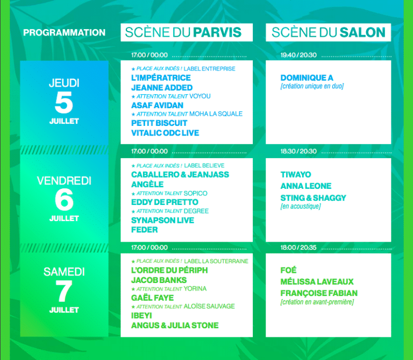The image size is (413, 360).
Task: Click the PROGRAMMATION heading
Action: (65, 32)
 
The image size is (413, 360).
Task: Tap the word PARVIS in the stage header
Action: (217, 32)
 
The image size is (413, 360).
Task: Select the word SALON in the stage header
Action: (362, 32)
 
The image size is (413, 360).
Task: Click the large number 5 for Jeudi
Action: (64, 102)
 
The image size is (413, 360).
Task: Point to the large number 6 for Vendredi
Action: (64, 200)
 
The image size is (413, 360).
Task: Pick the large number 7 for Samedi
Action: (64, 291)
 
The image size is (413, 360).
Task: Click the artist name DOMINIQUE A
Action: (307, 77)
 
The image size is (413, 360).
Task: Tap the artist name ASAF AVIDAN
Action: (157, 105)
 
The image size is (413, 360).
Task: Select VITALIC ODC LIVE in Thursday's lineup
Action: (165, 133)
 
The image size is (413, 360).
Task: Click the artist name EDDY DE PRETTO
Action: (165, 202)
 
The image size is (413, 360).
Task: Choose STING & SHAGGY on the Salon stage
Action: (313, 197)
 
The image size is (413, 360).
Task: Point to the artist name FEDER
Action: (144, 230)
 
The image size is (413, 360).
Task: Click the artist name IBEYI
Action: (141, 315)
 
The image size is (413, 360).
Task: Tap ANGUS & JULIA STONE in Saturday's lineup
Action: (175, 326)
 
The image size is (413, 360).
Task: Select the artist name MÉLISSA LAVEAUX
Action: (317, 281)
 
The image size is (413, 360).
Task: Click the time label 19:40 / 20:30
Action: (298, 55)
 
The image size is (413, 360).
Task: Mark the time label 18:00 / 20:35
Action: (298, 248)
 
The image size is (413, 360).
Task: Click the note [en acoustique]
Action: (301, 206)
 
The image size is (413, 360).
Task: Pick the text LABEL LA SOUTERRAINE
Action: (216, 261)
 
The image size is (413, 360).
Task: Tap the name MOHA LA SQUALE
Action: (216, 114)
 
